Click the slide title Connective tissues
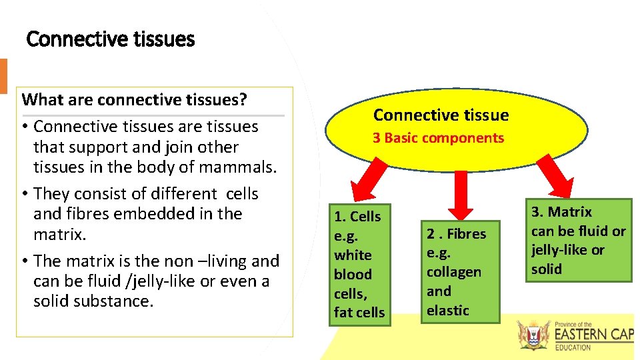pyautogui.click(x=110, y=40)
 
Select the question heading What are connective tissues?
pyautogui.click(x=135, y=100)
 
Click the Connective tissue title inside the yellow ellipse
pyautogui.click(x=441, y=115)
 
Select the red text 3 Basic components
pyautogui.click(x=438, y=138)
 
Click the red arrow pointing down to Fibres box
pyautogui.click(x=459, y=191)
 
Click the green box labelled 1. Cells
pyautogui.click(x=359, y=264)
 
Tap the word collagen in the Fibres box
pyautogui.click(x=454, y=272)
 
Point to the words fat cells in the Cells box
pyautogui.click(x=359, y=312)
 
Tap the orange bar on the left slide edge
pyautogui.click(x=3, y=75)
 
